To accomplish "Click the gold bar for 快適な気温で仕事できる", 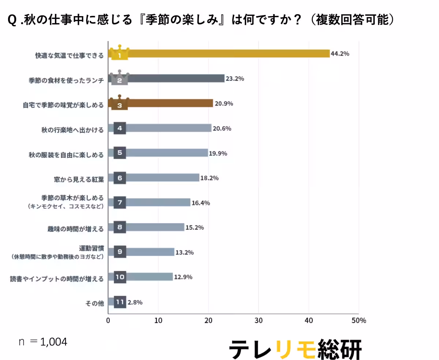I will click(227, 54).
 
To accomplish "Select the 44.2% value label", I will click(340, 54).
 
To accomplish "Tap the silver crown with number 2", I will click(120, 78).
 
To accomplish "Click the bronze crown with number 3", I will click(120, 103).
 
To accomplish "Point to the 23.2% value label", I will click(235, 79).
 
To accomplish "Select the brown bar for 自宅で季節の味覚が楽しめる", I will click(170, 104).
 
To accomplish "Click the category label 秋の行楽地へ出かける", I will click(72, 130).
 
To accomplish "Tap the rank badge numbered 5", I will click(120, 153).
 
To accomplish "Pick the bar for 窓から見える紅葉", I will click(163, 178).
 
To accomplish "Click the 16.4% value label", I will click(201, 203).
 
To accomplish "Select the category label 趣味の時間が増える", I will click(75, 229).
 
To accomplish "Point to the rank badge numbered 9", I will click(120, 252).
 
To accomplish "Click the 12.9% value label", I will click(183, 277).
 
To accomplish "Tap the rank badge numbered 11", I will click(120, 302).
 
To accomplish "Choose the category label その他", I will click(94, 303).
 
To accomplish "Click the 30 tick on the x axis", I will click(259, 320).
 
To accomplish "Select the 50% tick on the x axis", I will click(358, 320).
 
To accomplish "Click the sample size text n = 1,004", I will click(43, 342).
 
